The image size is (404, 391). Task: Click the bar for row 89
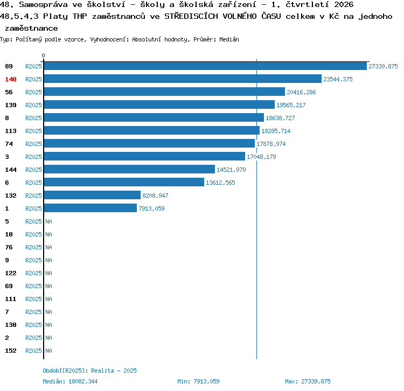pyautogui.click(x=205, y=66)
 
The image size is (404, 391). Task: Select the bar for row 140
pyautogui.click(x=183, y=79)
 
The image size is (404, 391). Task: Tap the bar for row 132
pyautogui.click(x=92, y=195)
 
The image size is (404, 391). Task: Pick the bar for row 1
pyautogui.click(x=90, y=208)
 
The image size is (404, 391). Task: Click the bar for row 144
pyautogui.click(x=129, y=169)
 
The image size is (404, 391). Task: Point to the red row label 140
pyautogui.click(x=11, y=79)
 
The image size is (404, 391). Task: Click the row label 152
pyautogui.click(x=11, y=351)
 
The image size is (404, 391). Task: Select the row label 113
pyautogui.click(x=11, y=131)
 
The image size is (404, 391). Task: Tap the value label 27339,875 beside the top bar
pyautogui.click(x=383, y=66)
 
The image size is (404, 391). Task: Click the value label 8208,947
pyautogui.click(x=155, y=195)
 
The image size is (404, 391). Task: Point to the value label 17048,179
pyautogui.click(x=261, y=157)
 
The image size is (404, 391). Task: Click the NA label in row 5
pyautogui.click(x=48, y=221)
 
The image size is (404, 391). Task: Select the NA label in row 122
pyautogui.click(x=48, y=273)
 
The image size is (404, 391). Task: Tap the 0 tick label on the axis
pyautogui.click(x=43, y=55)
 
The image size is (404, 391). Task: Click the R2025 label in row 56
pyautogui.click(x=33, y=92)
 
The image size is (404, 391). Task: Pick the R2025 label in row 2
pyautogui.click(x=33, y=338)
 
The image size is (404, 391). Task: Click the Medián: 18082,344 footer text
pyautogui.click(x=70, y=381)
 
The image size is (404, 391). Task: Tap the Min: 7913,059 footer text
pyautogui.click(x=198, y=381)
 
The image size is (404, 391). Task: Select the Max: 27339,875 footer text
pyautogui.click(x=308, y=381)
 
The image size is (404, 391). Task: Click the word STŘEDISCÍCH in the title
pyautogui.click(x=191, y=16)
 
